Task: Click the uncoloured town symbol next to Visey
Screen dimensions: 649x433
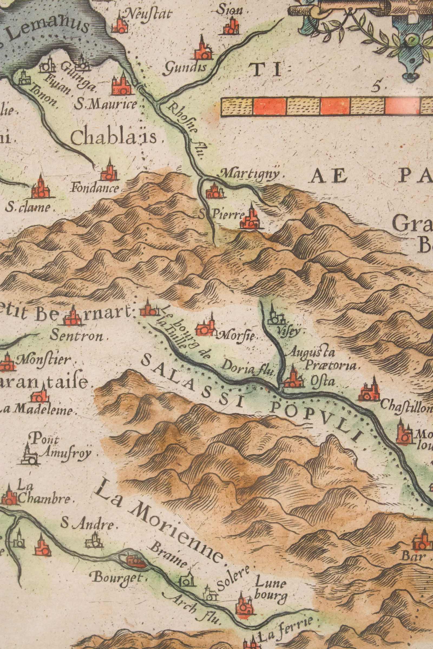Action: click(274, 316)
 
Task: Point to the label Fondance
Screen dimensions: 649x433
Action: click(95, 189)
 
